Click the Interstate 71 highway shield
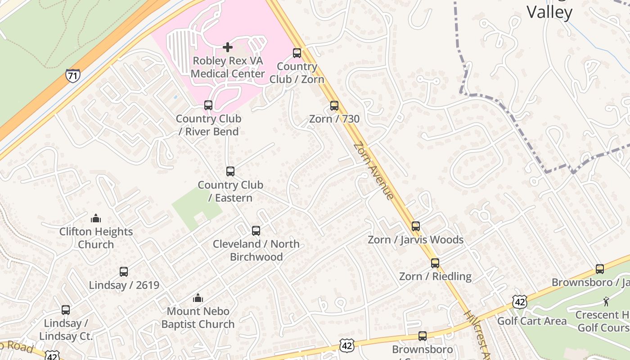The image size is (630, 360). point(72,76)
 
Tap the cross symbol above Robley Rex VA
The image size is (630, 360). point(228,47)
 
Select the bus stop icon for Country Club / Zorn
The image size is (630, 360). point(297,53)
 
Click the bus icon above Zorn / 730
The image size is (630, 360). point(334,106)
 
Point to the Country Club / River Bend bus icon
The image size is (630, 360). point(208,105)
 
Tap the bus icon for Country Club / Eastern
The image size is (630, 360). point(230,171)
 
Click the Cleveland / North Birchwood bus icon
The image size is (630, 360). point(256,231)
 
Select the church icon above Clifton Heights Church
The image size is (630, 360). point(96,219)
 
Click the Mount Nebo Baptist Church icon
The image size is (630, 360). point(198,298)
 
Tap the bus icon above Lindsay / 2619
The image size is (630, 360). point(124,272)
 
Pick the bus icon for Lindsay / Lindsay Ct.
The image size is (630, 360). point(66,310)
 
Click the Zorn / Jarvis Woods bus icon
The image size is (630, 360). point(416,226)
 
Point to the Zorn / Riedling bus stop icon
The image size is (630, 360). point(435,263)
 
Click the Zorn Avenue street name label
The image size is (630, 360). point(373,171)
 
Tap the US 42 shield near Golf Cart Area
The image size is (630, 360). point(520,302)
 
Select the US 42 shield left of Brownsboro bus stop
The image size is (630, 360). point(346,345)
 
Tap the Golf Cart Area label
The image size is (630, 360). point(532,321)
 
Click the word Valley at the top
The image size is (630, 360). point(549,12)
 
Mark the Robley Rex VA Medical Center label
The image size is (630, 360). point(228,67)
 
